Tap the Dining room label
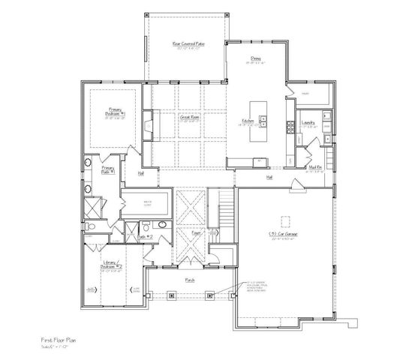[255, 62]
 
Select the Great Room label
[188, 117]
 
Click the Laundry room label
[308, 122]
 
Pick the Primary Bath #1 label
[107, 169]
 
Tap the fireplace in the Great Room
[147, 124]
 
